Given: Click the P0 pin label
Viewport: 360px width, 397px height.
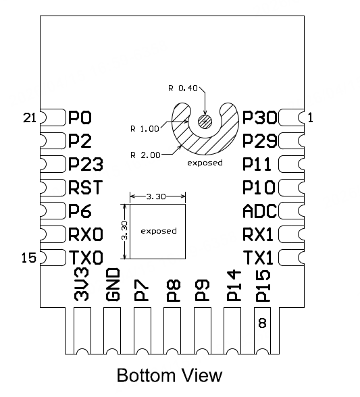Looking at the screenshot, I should tap(80, 118).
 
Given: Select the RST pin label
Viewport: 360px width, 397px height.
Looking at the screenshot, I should tap(84, 188).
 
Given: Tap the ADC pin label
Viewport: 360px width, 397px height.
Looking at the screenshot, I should tap(259, 211).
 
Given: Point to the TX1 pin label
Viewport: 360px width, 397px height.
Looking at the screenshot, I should tap(259, 258).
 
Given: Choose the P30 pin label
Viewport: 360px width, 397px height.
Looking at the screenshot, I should tap(259, 118).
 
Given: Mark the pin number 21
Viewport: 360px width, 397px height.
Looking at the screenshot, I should tap(29, 118).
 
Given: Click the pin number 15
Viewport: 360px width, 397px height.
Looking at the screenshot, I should tap(29, 257).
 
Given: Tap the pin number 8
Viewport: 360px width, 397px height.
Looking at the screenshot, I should tap(262, 323).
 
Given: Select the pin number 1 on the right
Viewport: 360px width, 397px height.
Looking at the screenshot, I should tap(311, 117).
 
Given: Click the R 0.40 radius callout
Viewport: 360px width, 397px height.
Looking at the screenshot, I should tap(182, 88).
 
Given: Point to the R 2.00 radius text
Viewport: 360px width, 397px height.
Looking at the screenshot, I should tap(146, 155).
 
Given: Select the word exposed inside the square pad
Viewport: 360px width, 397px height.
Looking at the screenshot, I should tap(158, 231).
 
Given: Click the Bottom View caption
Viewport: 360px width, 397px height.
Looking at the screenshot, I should tap(169, 375).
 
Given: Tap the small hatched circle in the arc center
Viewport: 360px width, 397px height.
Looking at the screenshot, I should tap(205, 121).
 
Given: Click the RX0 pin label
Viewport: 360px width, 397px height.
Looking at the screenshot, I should tap(85, 234).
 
